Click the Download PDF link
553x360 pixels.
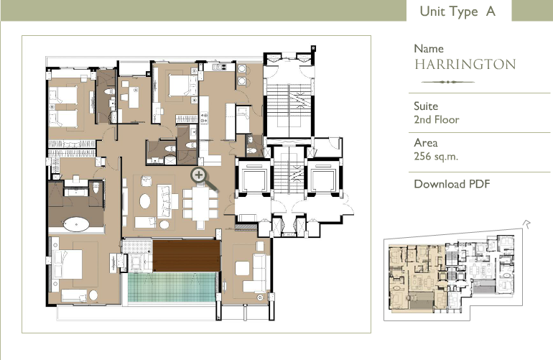click(452, 184)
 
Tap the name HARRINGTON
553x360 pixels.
click(465, 64)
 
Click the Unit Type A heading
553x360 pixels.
click(457, 11)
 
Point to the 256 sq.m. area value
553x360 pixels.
click(436, 156)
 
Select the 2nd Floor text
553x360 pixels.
click(437, 120)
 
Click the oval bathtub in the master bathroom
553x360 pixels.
click(76, 224)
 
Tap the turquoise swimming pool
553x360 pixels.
click(172, 287)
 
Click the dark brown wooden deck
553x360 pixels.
click(187, 256)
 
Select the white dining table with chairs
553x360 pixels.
click(200, 205)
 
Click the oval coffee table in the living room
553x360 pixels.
click(145, 201)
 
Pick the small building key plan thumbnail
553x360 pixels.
click(453, 274)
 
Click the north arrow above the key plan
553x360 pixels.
click(526, 223)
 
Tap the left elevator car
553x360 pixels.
click(254, 177)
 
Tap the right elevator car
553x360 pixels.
click(323, 177)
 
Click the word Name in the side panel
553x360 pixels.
click(429, 48)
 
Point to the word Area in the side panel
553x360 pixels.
click(426, 142)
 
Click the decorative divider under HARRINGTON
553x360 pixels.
click(448, 82)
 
